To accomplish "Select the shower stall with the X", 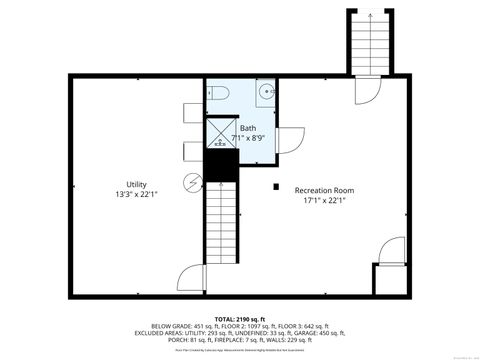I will [x=219, y=132].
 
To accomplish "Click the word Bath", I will [x=248, y=128].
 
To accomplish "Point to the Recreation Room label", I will [x=324, y=189].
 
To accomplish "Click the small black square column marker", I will [x=275, y=184].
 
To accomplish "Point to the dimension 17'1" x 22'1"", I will [x=324, y=199].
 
